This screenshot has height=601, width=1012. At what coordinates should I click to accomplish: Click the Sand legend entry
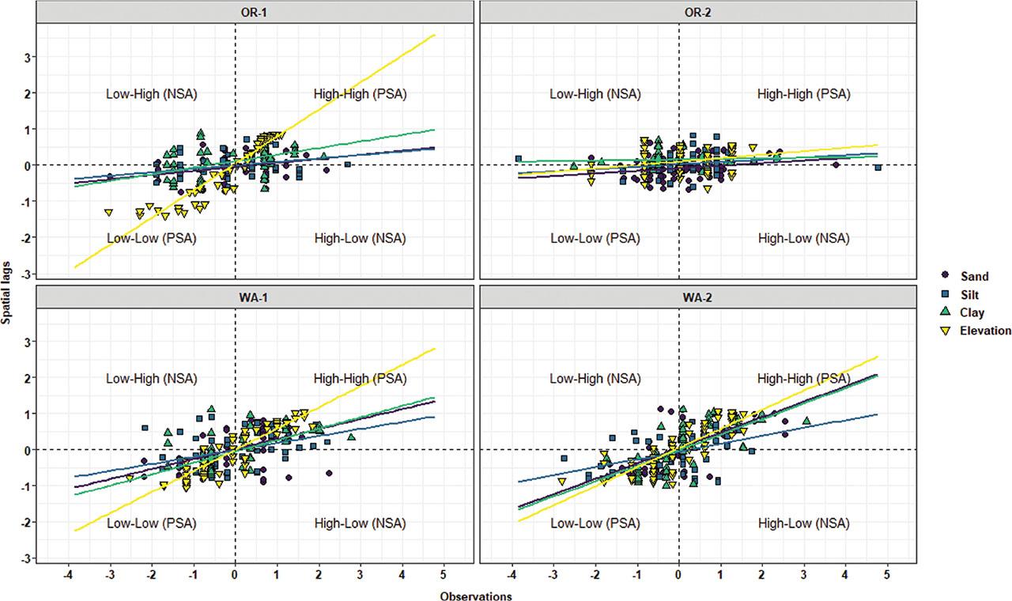[x=972, y=277]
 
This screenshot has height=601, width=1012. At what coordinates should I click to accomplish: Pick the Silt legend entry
[x=970, y=295]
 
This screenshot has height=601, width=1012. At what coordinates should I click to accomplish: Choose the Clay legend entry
[x=972, y=313]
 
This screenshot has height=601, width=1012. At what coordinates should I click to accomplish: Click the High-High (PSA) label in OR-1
[x=360, y=94]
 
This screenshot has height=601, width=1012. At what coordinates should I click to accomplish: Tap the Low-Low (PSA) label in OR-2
[x=595, y=238]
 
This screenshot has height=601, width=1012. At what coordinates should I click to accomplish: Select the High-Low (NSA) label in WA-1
[x=360, y=523]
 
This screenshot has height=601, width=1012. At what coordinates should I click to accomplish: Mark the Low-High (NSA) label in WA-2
[x=595, y=379]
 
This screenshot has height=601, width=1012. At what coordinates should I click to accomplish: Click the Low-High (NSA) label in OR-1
[x=151, y=94]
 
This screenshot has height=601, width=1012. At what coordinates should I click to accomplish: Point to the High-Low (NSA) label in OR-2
[x=804, y=238]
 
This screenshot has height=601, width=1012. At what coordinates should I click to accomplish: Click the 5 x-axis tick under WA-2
[x=887, y=574]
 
